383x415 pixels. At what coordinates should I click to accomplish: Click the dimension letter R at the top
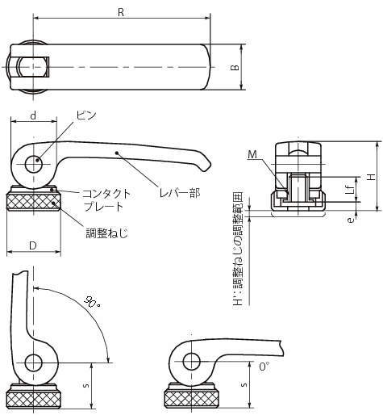point(121,12)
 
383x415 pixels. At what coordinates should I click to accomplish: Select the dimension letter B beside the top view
point(235,67)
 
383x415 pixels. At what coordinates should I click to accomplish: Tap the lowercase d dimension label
point(33,115)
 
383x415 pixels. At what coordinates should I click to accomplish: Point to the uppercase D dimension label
point(33,245)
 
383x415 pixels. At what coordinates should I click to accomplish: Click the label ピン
point(86,115)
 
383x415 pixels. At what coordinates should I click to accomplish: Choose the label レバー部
point(180,193)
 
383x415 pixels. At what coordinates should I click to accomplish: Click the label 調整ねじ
point(106,233)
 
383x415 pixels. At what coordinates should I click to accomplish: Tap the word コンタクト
point(106,194)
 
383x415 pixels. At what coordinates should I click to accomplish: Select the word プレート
point(103,207)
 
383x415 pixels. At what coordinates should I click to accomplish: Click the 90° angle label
point(93,303)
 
